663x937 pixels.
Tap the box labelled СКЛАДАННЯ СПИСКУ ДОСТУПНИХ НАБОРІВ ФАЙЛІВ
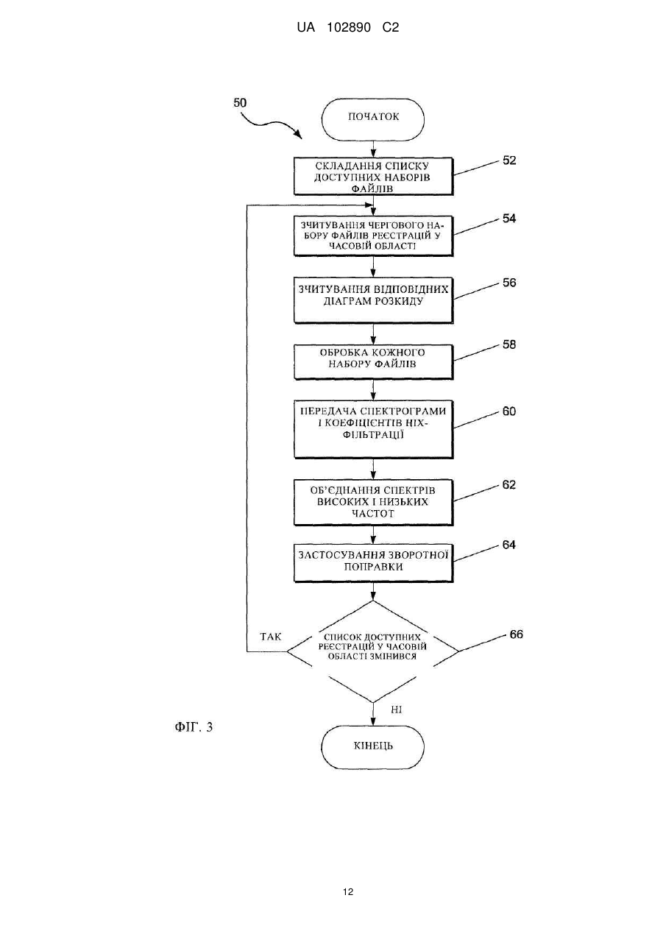[x=373, y=176]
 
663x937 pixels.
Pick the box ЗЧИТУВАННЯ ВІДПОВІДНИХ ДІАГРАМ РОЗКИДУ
[x=373, y=300]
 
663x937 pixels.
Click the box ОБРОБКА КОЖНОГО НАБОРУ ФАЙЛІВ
[x=373, y=362]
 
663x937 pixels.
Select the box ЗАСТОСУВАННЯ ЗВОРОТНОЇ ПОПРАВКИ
[x=373, y=563]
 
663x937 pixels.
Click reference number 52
[x=509, y=160]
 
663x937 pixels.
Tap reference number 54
[x=509, y=219]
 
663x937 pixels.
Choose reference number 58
[x=509, y=344]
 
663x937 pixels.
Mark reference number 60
[x=509, y=411]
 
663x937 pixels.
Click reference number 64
[x=509, y=545]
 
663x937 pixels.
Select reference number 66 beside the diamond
[x=516, y=634]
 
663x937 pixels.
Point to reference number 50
[x=240, y=102]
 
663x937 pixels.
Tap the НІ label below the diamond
[x=396, y=710]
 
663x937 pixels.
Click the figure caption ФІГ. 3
[x=194, y=727]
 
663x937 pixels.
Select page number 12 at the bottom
[x=348, y=891]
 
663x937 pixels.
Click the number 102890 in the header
[x=349, y=28]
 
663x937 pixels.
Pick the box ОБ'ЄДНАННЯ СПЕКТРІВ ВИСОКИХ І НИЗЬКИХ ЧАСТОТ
[x=373, y=502]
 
